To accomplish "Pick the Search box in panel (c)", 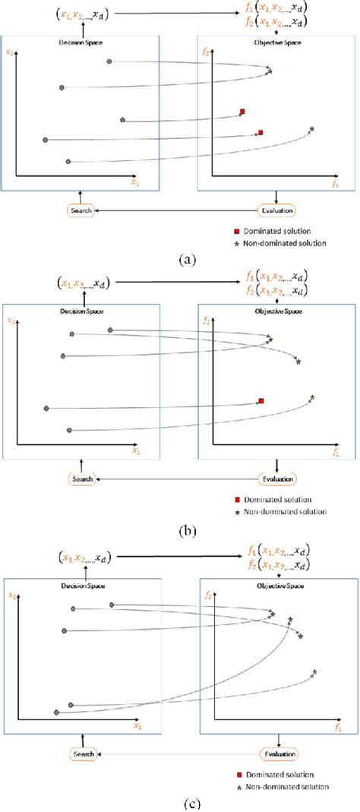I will pos(83,754).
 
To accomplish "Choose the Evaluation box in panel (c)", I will pos(279,754).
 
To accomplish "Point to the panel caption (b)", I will pos(186,531).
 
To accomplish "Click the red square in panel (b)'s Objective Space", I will pos(261,400).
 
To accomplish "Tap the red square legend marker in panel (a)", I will pos(237,230).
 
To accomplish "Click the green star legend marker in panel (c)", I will pos(238,786).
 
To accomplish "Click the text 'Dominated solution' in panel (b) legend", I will pos(276,500).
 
